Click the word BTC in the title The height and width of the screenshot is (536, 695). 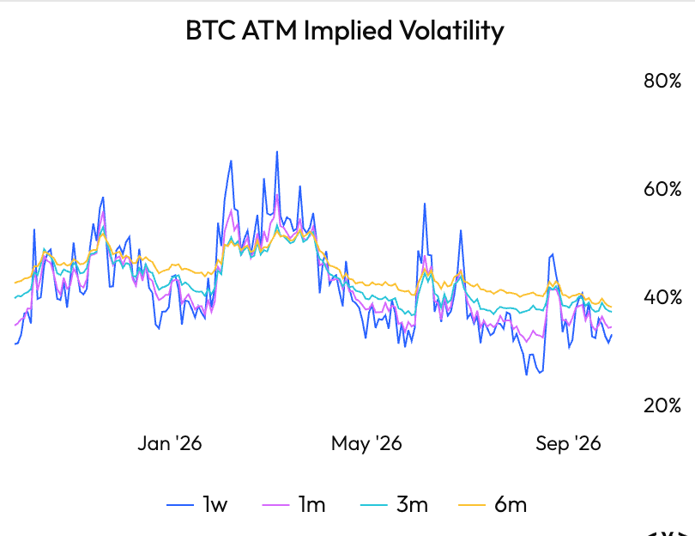211,30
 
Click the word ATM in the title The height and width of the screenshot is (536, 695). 270,30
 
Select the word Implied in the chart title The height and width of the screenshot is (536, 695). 348,31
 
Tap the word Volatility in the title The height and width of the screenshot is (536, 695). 451,31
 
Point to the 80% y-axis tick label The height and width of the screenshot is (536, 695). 662,81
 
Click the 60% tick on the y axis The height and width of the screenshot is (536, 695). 662,189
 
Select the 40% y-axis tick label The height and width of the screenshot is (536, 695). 662,297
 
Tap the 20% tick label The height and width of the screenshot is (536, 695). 662,405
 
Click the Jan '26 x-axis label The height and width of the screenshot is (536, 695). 170,443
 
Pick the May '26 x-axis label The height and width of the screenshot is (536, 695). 366,443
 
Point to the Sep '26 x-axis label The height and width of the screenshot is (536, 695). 568,443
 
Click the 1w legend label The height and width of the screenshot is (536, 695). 215,504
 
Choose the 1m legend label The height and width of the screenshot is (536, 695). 312,504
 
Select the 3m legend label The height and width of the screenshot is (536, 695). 412,504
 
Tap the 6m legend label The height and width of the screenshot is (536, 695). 511,504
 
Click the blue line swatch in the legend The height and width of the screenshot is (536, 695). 180,505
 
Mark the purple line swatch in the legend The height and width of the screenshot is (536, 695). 276,505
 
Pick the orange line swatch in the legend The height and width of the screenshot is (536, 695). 472,505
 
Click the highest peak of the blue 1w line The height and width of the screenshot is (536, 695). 277,152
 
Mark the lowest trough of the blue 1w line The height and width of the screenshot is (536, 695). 527,375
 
